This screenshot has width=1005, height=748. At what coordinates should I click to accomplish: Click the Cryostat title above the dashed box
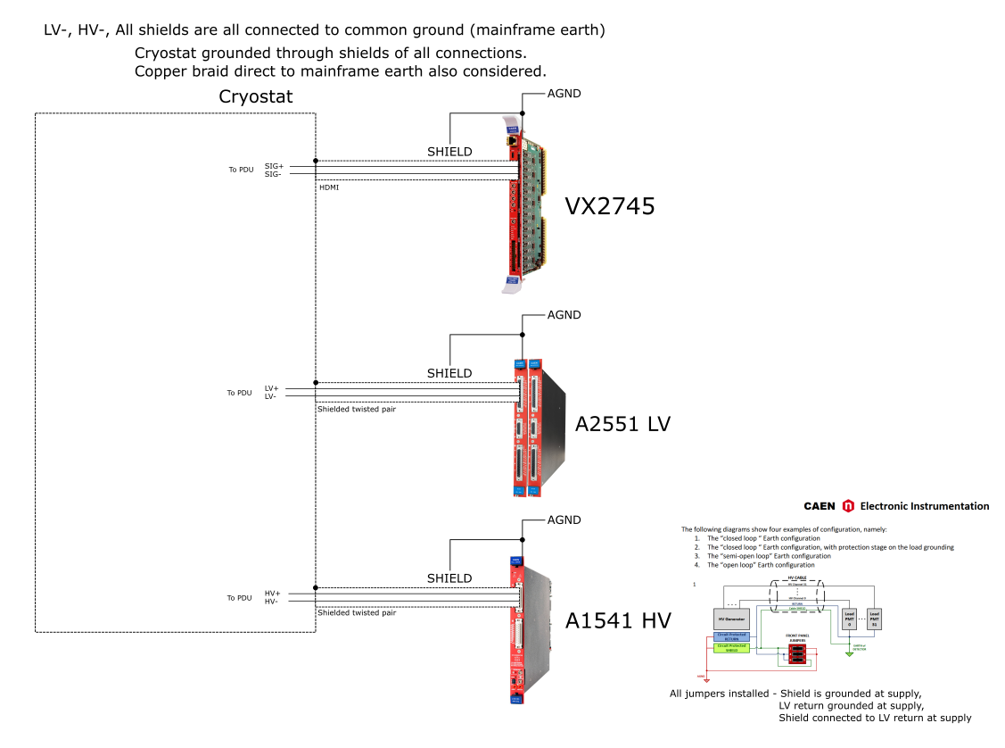point(255,96)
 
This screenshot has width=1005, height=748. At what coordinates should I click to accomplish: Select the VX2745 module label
point(610,207)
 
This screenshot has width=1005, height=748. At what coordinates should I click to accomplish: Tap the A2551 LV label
point(622,424)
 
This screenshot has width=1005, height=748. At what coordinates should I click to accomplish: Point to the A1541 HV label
point(617,621)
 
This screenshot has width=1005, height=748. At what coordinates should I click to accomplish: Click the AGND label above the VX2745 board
point(564,93)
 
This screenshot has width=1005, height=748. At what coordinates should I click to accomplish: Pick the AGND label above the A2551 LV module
point(564,315)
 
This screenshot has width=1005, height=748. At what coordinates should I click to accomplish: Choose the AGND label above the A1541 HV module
point(564,519)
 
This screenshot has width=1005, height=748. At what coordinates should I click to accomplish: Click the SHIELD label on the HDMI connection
point(449,151)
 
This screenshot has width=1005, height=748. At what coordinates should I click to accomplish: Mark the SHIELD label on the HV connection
point(449,578)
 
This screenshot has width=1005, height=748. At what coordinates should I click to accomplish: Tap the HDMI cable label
point(329,187)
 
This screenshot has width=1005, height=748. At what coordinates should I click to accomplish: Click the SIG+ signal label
point(274,166)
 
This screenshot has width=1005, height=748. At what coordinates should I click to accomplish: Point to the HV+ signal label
point(272,594)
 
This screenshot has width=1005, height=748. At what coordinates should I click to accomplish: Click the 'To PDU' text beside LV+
point(239,393)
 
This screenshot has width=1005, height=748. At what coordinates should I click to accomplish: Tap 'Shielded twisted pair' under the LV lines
point(357,409)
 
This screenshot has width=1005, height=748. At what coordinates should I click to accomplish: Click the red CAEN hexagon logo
point(848,506)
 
